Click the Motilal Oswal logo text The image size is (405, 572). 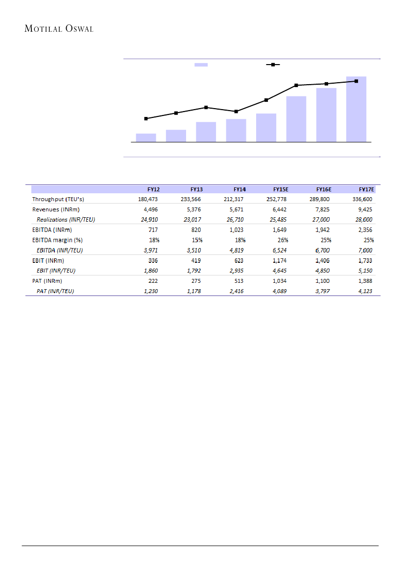[59, 29]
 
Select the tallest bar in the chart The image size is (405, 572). [356, 109]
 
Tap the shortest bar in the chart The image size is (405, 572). [146, 137]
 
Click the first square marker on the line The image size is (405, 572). [146, 118]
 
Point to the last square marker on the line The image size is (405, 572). [356, 81]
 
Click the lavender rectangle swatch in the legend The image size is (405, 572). [201, 64]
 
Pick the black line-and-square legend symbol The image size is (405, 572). [273, 64]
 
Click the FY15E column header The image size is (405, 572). [280, 189]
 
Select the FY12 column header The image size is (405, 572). [153, 189]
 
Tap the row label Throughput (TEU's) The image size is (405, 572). [58, 199]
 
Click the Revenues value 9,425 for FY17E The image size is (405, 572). [366, 209]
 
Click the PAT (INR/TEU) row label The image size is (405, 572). [58, 291]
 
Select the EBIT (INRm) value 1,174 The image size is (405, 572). [280, 260]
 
